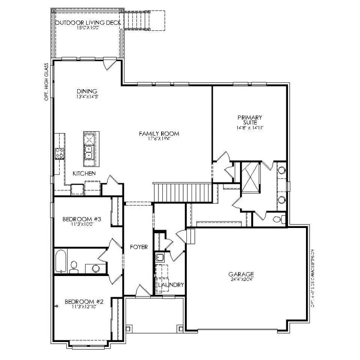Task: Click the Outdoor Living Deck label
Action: tap(88, 23)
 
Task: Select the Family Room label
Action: tap(159, 134)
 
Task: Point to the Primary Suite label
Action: tap(250, 120)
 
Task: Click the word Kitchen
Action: tap(84, 174)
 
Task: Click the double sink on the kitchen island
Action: tap(89, 152)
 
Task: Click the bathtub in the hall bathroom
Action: tap(60, 260)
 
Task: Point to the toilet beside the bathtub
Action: tap(74, 266)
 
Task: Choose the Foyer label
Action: tap(138, 247)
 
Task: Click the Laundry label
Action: tap(171, 285)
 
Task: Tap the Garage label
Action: tap(241, 274)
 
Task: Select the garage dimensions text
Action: tap(241, 280)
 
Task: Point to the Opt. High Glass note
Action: tap(47, 81)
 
